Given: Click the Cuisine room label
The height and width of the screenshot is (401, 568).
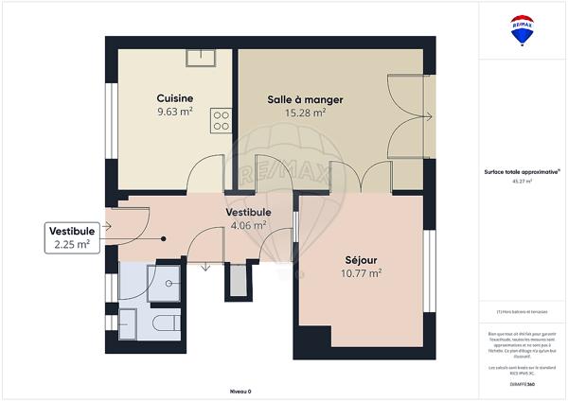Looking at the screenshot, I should click(x=175, y=97).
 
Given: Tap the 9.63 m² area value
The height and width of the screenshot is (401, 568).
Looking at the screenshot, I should click(x=175, y=111).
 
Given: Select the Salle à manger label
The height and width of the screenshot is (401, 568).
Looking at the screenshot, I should click(x=305, y=99).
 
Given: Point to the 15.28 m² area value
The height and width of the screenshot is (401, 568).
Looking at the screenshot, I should click(x=305, y=113).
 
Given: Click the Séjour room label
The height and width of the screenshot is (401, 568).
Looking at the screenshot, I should click(x=361, y=259).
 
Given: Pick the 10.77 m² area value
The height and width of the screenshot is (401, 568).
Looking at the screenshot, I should click(x=361, y=273).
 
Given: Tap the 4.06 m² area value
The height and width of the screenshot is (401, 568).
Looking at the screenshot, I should click(x=248, y=226).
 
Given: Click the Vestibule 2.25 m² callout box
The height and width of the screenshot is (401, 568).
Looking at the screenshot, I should click(x=72, y=237).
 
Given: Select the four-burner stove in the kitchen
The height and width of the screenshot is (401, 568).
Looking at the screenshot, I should click(x=222, y=119).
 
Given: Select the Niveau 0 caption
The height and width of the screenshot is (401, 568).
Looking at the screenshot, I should click(x=241, y=390).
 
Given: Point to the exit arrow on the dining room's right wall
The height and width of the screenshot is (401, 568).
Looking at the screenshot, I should click(x=428, y=117).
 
